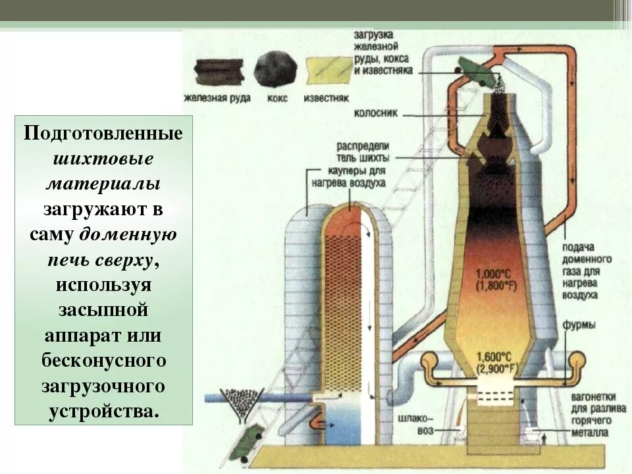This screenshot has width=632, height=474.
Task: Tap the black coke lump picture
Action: [x=275, y=69]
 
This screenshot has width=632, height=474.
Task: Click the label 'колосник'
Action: [x=377, y=113]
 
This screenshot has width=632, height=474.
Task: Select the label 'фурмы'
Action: [x=579, y=325]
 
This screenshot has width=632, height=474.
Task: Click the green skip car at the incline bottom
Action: [x=249, y=438]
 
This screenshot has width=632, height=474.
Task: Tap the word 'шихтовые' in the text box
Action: [x=103, y=159]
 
